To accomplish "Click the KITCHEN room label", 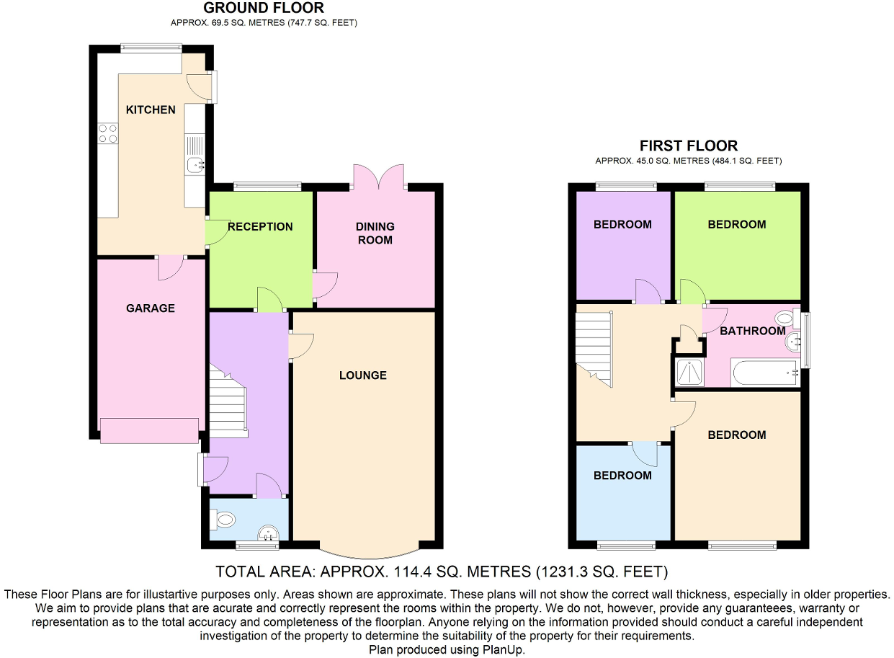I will (x=151, y=110).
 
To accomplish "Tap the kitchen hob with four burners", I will (x=107, y=133).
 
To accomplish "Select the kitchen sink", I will (x=195, y=165).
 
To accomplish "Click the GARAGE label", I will (x=151, y=308).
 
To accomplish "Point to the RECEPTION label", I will (x=260, y=226).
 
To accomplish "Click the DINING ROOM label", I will (x=375, y=233).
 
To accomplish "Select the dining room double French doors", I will (x=379, y=177).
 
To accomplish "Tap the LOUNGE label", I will (x=363, y=375).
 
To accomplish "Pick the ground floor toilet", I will (x=223, y=517).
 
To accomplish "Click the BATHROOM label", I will (x=752, y=331).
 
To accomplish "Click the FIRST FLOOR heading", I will (x=688, y=146).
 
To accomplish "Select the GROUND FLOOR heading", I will (x=264, y=8).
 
